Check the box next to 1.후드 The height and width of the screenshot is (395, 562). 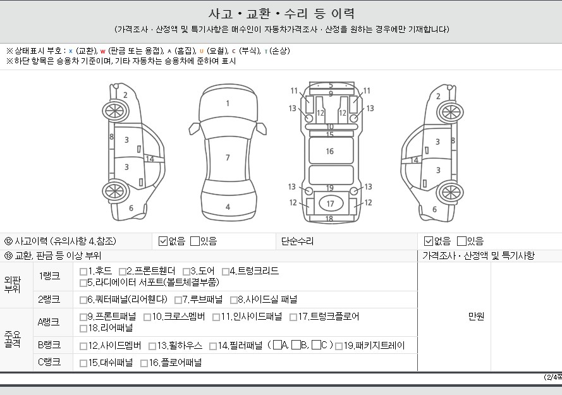(x=83, y=272)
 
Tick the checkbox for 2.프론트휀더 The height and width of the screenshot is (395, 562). (x=122, y=272)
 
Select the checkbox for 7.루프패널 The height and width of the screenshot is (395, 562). (x=178, y=300)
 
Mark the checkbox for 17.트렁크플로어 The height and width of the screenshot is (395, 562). (x=293, y=317)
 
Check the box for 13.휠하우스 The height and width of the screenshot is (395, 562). (x=152, y=346)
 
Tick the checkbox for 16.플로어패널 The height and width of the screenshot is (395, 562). (x=144, y=363)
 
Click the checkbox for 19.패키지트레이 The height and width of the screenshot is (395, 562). (x=339, y=346)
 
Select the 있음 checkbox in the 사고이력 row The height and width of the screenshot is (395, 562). (x=195, y=241)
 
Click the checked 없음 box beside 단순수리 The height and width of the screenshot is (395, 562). (x=429, y=241)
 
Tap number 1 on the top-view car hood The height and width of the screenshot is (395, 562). (x=228, y=104)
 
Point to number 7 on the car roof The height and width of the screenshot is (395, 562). (x=228, y=158)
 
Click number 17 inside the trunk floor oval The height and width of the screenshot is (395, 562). (x=330, y=204)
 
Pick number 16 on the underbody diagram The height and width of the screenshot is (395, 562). (x=330, y=152)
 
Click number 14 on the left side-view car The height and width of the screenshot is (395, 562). (x=150, y=159)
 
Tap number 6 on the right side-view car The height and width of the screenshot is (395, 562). (x=434, y=209)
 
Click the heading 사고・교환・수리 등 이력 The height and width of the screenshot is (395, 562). (x=281, y=14)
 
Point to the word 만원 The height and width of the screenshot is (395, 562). (x=476, y=317)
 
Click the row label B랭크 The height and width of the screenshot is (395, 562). (x=49, y=345)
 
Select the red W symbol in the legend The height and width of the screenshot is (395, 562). (x=103, y=51)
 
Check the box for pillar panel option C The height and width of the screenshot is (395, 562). (x=316, y=345)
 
